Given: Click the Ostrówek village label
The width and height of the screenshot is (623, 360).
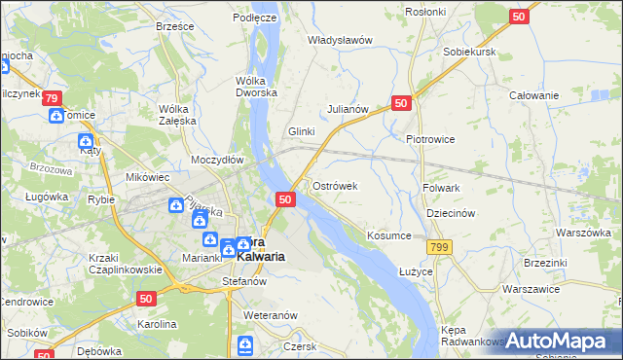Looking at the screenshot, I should click(335, 186).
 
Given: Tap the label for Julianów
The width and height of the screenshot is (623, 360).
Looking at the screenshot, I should click(348, 110).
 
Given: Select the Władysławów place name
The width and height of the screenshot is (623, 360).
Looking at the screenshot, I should click(341, 41).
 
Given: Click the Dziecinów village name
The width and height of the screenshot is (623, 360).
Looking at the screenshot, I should click(450, 214).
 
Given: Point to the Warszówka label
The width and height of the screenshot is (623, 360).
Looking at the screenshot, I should click(583, 234).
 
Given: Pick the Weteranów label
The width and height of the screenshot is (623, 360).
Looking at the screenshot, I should click(270, 316).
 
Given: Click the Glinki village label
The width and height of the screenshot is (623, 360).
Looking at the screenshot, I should click(303, 131).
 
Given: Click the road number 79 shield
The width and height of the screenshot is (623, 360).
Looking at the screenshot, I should click(53, 98).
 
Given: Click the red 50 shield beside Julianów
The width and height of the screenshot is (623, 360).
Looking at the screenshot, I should click(401, 102).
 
